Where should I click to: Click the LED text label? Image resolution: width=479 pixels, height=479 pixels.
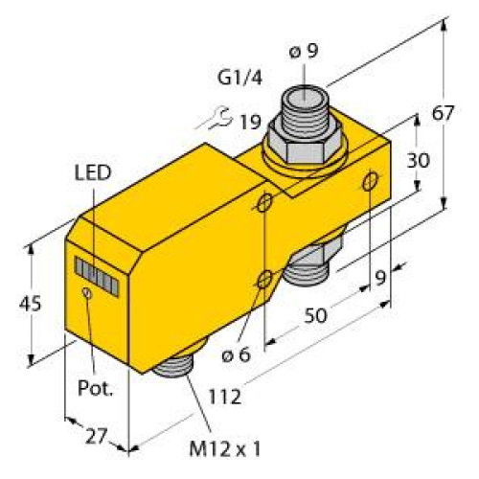point(92,172)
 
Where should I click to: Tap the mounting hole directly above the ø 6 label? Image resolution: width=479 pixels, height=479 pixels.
point(265,280)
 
